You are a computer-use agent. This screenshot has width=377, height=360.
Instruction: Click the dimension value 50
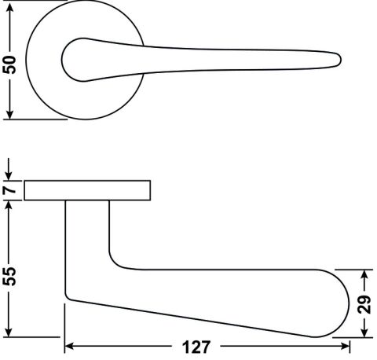9,64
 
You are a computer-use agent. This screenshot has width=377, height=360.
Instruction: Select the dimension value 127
196,347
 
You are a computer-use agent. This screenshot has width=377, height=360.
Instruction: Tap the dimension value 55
9,277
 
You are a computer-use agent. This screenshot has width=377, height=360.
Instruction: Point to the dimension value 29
364,304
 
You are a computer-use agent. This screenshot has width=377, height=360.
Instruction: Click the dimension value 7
9,190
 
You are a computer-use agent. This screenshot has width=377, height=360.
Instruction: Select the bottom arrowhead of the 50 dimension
9,114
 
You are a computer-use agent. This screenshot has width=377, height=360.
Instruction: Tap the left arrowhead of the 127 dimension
69,347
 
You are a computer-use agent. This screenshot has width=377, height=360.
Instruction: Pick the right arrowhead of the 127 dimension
345,347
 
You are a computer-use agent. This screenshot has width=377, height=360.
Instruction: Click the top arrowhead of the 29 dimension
364,274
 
